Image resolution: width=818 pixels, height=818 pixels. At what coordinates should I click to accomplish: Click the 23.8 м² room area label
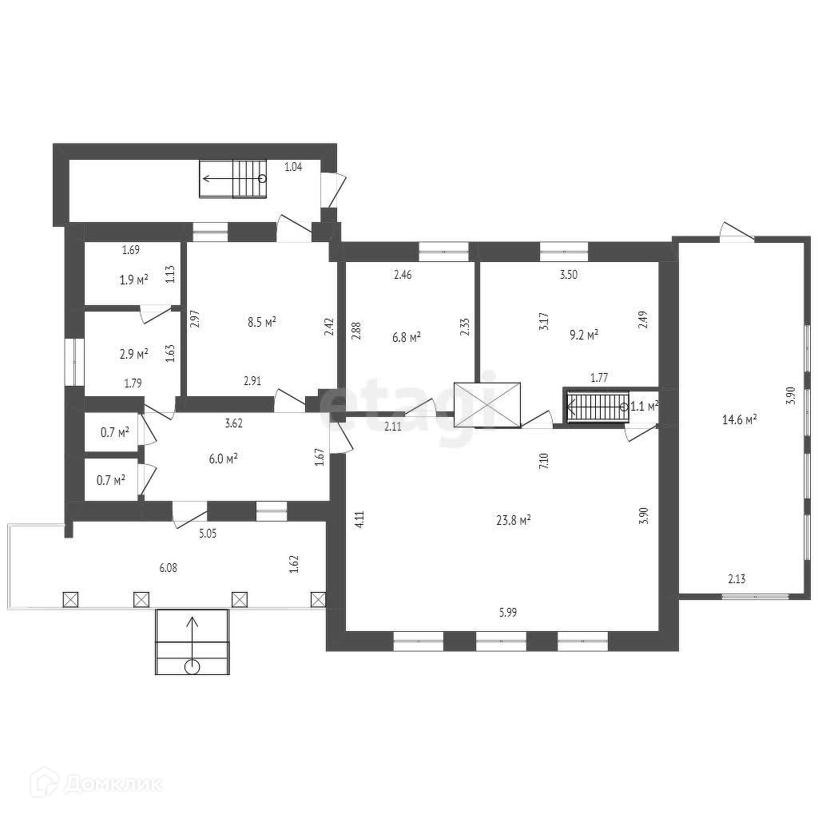click(514, 520)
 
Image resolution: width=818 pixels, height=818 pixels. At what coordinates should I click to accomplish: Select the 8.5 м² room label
click(261, 322)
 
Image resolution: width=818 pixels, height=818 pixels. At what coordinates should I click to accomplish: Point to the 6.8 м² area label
click(407, 338)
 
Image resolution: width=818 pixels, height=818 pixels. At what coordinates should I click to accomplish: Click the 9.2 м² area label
click(583, 335)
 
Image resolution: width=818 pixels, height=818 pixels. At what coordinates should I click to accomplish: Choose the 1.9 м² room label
click(133, 280)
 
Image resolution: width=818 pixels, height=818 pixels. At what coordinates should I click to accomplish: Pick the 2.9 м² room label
click(133, 354)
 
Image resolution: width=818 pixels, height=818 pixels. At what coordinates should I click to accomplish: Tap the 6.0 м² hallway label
click(224, 459)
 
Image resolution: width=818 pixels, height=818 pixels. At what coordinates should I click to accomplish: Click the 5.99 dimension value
click(507, 613)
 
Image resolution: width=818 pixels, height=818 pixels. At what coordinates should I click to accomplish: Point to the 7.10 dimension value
click(544, 462)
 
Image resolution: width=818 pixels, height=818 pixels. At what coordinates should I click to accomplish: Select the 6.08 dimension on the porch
click(168, 568)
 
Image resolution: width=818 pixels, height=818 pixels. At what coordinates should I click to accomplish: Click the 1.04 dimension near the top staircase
click(293, 167)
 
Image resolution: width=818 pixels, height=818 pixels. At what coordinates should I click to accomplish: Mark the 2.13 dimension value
click(737, 578)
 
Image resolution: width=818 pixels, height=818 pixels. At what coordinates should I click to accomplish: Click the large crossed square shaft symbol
click(487, 405)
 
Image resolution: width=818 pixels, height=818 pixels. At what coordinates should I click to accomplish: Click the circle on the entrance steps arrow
click(192, 667)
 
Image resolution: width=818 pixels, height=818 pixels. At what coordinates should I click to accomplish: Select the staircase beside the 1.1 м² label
click(598, 407)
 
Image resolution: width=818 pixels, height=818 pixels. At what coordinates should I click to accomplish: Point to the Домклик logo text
click(113, 784)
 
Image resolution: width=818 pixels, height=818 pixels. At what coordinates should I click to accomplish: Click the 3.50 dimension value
click(568, 275)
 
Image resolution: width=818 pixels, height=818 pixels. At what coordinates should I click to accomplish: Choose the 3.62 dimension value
click(233, 423)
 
